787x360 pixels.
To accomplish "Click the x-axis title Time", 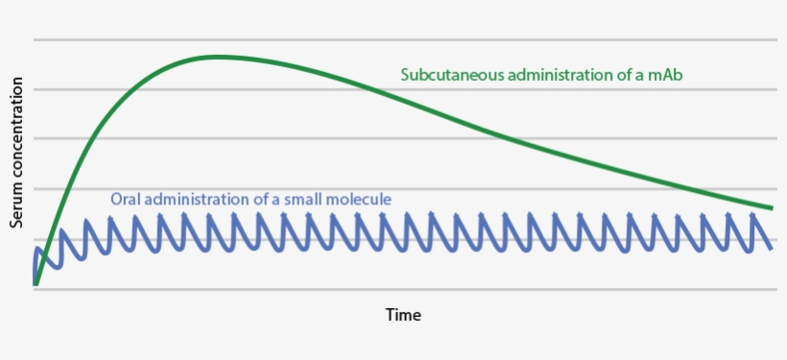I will point(403,315).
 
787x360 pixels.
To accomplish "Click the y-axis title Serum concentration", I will point(16,153).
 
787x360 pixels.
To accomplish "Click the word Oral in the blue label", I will point(126,200).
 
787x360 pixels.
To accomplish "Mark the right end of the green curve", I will point(773,208).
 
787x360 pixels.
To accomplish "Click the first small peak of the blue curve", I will point(38,249).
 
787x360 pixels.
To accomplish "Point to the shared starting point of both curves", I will point(36,284).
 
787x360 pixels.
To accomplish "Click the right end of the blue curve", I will point(772,248).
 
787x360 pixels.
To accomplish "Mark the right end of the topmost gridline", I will point(776,40).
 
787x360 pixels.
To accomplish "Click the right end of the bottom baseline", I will point(776,289).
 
